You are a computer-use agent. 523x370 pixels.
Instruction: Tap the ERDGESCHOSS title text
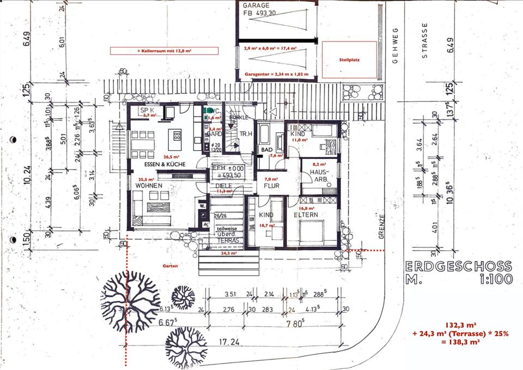459,266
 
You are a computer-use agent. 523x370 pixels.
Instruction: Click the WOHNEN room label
149,186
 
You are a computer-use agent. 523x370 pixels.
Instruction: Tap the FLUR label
272,185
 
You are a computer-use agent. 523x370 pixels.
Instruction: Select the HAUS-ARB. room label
318,175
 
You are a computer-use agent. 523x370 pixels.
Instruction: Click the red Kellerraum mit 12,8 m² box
164,51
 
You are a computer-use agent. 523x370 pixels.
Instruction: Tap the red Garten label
170,265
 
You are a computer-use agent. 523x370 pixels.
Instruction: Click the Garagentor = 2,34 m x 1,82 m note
276,74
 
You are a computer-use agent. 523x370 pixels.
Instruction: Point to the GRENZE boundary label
382,228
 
